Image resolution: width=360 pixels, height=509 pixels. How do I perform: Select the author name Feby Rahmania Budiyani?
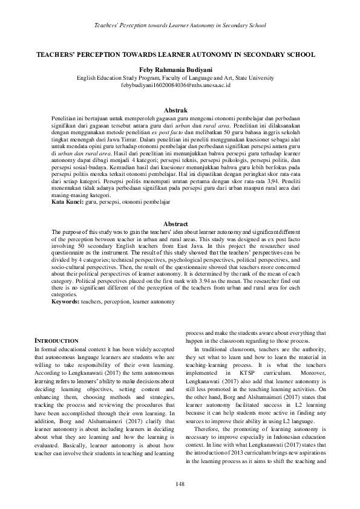coord(180,70)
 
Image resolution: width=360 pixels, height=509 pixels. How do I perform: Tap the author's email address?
coord(180,86)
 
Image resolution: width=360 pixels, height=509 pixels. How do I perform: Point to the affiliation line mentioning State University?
coord(180,78)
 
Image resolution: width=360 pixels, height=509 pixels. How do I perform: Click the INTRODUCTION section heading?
coord(56,341)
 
